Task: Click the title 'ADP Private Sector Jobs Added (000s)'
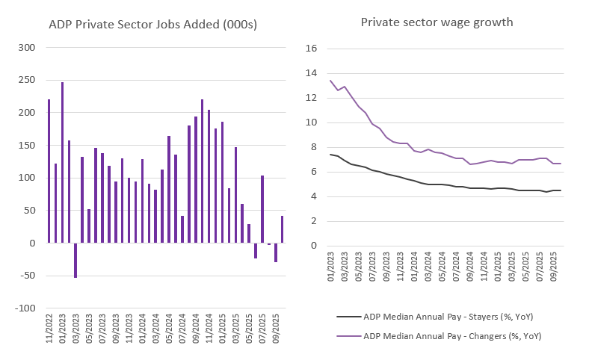[x=152, y=25]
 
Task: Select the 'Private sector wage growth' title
[x=437, y=22]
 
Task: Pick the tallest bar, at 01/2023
[x=62, y=162]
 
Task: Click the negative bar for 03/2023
[x=75, y=260]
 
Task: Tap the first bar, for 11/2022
[x=49, y=171]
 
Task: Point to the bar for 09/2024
[x=196, y=179]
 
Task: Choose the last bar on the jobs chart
[x=282, y=229]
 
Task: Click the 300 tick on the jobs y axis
[x=27, y=48]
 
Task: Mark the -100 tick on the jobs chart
[x=25, y=308]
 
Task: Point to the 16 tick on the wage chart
[x=312, y=49]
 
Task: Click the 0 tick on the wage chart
[x=315, y=246]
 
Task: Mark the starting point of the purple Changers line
[x=330, y=81]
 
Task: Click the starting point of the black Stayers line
[x=330, y=155]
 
